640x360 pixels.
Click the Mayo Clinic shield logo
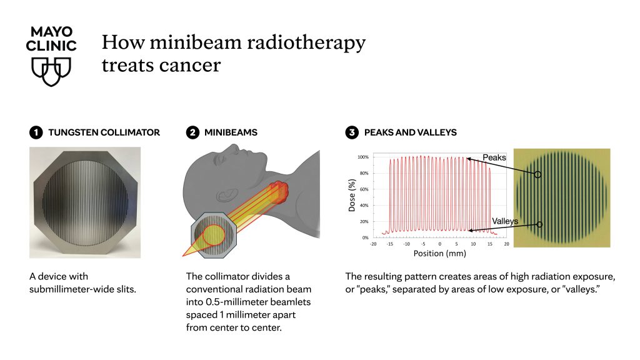tap(51, 71)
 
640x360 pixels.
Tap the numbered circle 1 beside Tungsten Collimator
tap(36, 132)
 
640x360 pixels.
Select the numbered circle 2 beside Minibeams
tap(192, 132)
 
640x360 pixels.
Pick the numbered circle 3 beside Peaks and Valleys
tap(352, 132)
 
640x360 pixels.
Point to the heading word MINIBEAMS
tap(231, 132)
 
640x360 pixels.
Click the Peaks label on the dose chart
tap(494, 157)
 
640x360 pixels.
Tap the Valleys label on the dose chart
tap(505, 221)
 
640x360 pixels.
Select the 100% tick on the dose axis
tap(363, 157)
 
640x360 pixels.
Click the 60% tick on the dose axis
tap(364, 189)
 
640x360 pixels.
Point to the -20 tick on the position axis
tap(373, 244)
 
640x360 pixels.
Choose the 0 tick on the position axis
tap(439, 244)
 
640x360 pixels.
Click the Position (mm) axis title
tap(439, 254)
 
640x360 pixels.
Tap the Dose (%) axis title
tap(352, 195)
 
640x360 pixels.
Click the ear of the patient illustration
tap(227, 195)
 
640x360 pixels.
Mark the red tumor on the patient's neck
tap(279, 192)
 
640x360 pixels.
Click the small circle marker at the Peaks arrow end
tap(538, 175)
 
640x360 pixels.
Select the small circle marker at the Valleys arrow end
tap(539, 224)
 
